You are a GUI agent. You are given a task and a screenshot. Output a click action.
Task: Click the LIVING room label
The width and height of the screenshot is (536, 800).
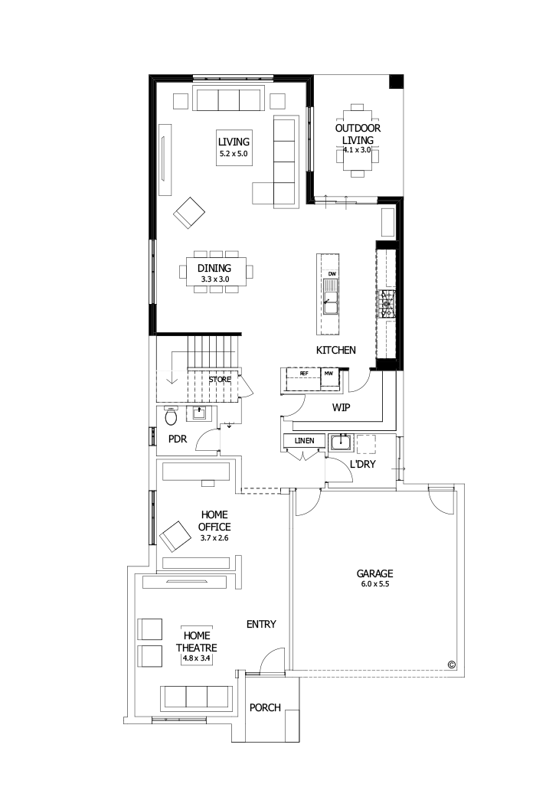[x=234, y=142]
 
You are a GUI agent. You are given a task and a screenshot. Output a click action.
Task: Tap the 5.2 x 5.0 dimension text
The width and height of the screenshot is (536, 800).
[x=234, y=154]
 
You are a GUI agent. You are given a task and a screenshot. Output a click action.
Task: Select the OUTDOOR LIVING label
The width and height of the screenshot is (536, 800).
[x=358, y=134]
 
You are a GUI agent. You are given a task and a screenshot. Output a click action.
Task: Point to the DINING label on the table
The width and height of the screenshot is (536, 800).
[x=214, y=268]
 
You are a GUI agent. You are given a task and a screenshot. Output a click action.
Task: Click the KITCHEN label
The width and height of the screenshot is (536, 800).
[x=336, y=350]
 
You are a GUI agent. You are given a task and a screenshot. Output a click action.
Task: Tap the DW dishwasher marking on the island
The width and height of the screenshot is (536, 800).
[x=332, y=273]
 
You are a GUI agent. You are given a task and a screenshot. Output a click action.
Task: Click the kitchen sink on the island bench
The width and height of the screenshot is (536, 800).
[x=331, y=296]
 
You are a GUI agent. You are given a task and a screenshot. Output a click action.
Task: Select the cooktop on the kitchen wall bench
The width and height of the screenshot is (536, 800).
[x=388, y=303]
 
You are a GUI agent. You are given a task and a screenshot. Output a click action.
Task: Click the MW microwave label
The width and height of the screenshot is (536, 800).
[x=328, y=373]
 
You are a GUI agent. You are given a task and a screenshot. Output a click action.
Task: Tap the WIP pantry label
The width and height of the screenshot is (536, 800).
[x=341, y=407]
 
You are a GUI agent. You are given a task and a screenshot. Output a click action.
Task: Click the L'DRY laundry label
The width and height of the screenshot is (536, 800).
[x=362, y=465]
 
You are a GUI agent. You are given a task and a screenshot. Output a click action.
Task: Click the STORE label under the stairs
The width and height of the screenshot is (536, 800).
[x=220, y=379]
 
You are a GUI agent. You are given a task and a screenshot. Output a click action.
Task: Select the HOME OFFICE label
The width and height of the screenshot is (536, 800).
[x=214, y=521]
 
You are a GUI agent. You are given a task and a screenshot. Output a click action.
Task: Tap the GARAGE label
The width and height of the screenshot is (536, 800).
[x=374, y=573]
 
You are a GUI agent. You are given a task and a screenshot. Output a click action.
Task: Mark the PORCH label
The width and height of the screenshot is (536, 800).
[x=265, y=707]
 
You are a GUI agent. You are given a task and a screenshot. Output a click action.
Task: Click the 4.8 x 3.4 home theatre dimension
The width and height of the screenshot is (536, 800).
[x=198, y=658]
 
